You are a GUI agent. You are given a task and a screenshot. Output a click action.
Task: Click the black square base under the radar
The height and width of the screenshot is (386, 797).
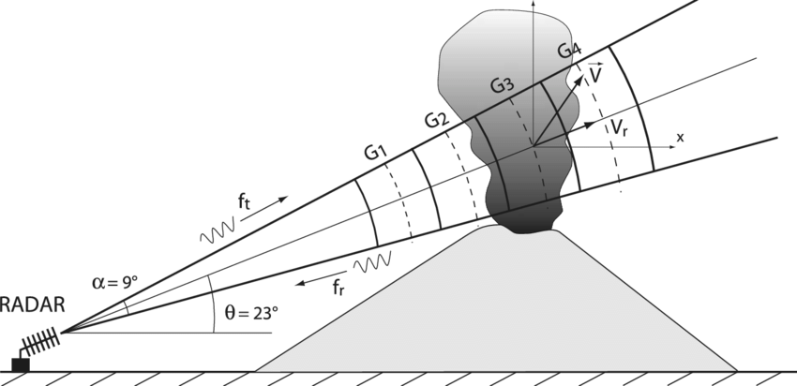(x=20, y=364)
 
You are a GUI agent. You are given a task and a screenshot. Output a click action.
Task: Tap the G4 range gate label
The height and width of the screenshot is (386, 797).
(x=568, y=52)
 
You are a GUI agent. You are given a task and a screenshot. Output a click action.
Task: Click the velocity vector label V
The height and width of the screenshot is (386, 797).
(x=594, y=73)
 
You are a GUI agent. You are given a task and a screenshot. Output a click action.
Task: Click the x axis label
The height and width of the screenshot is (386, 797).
(x=681, y=137)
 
